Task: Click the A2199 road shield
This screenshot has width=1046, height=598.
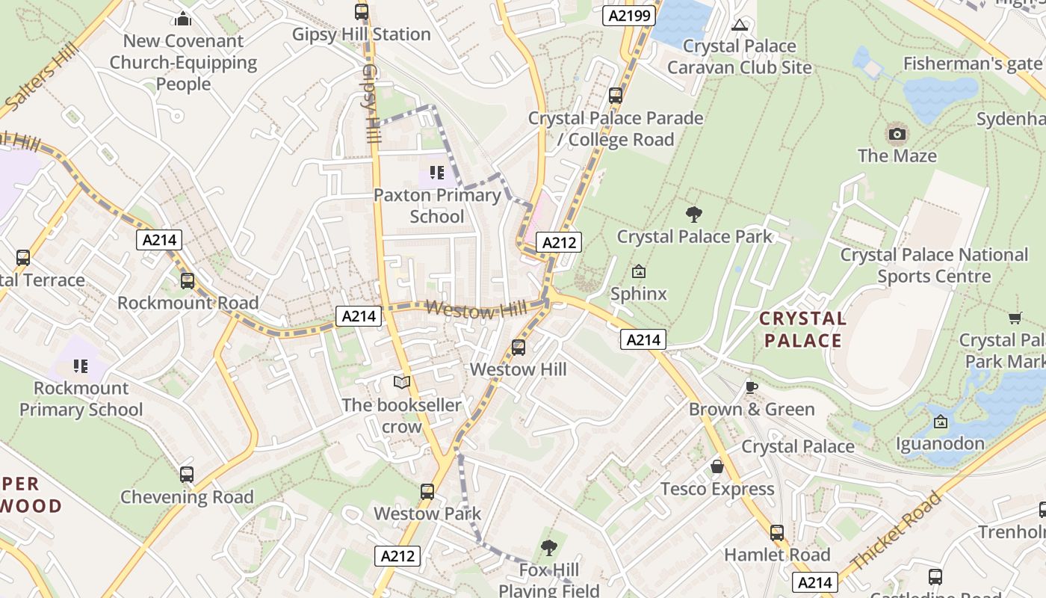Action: (x=629, y=16)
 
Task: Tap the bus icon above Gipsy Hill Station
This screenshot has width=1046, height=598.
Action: (x=362, y=12)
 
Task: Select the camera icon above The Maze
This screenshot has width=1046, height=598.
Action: (x=897, y=135)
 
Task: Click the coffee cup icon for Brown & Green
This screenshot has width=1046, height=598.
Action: (x=751, y=387)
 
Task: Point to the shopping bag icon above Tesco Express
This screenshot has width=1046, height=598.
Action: (x=717, y=466)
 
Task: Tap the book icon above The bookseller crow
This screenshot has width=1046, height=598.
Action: (x=402, y=383)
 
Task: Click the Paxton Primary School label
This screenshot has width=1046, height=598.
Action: (x=437, y=206)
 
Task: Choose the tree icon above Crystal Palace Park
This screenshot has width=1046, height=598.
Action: (x=694, y=215)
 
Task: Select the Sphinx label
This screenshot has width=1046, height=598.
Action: (x=638, y=294)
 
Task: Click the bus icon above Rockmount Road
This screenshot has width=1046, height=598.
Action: (x=188, y=281)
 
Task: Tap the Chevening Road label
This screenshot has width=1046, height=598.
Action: (x=187, y=497)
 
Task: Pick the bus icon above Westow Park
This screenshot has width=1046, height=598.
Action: (x=427, y=492)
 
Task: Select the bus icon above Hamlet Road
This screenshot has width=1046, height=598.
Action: (x=777, y=533)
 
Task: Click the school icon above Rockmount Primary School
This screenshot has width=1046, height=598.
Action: (x=81, y=366)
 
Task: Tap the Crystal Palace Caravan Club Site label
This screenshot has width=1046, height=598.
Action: (x=739, y=57)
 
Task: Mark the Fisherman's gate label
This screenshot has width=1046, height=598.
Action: (x=972, y=64)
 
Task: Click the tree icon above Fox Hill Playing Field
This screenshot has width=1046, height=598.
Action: (x=549, y=548)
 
